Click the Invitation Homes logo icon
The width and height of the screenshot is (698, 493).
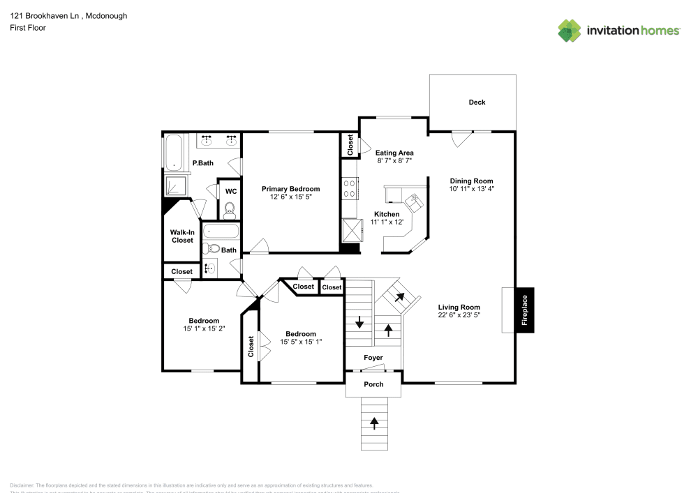click(570, 30)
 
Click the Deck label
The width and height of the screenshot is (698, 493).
click(477, 103)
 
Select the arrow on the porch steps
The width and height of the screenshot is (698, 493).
click(374, 421)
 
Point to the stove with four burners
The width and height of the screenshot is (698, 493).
click(349, 188)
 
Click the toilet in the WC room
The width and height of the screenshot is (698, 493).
click(229, 208)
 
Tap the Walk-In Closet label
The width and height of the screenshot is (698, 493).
click(182, 236)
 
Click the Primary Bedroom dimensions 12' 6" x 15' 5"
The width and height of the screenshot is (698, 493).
click(290, 197)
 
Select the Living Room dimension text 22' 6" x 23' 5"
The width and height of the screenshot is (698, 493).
click(459, 315)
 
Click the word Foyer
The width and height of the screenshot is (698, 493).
click(373, 358)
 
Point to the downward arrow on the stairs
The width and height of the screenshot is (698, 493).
click(359, 322)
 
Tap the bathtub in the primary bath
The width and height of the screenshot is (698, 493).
click(172, 151)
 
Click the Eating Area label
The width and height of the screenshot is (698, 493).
click(394, 153)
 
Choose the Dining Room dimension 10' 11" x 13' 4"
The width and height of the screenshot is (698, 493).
click(471, 189)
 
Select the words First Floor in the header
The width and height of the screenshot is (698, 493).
click(27, 28)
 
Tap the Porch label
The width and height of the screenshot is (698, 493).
click(374, 384)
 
